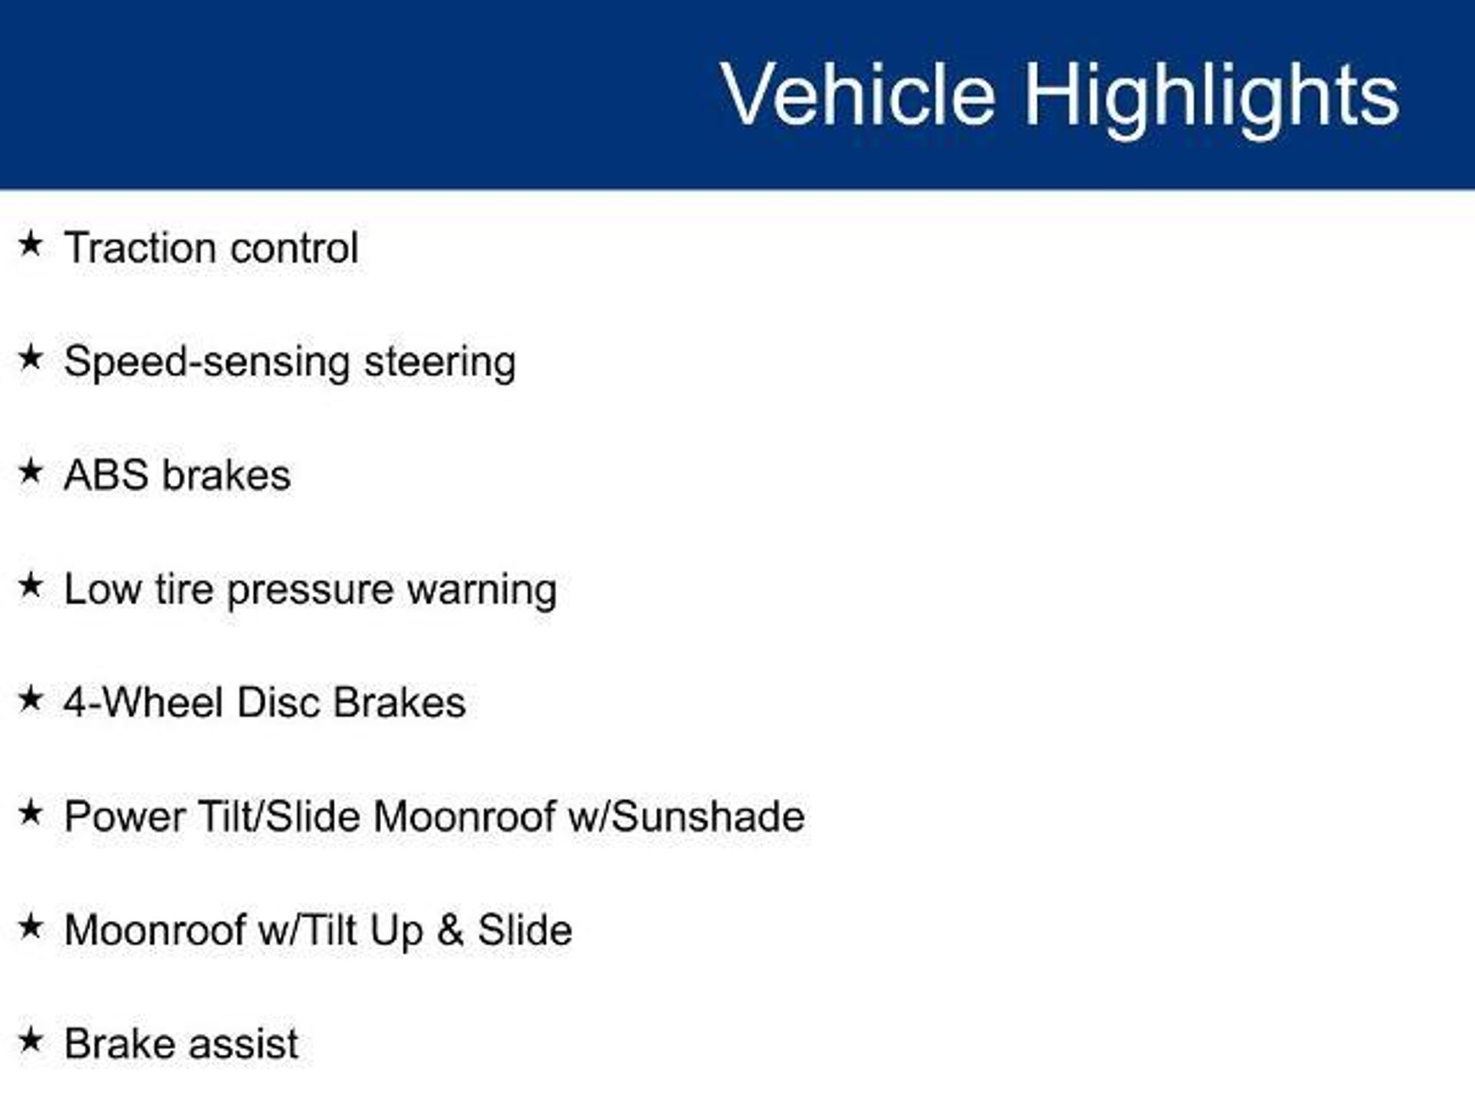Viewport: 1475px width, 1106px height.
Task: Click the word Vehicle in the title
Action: click(x=858, y=94)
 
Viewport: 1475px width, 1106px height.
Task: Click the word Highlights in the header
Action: click(x=1212, y=98)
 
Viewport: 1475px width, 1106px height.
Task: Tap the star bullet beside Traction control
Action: click(x=30, y=243)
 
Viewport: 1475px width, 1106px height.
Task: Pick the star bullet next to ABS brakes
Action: click(x=30, y=471)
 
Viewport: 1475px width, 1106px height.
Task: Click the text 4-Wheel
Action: click(x=143, y=702)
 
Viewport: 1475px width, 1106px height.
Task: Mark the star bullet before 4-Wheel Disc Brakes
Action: click(x=30, y=698)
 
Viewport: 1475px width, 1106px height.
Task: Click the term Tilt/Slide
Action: click(x=278, y=817)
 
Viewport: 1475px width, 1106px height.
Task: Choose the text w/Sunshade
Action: click(x=686, y=817)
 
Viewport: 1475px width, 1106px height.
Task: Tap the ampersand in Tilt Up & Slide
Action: click(x=449, y=930)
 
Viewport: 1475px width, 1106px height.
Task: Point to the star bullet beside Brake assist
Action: click(x=30, y=1040)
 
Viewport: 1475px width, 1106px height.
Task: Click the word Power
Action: click(x=124, y=817)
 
